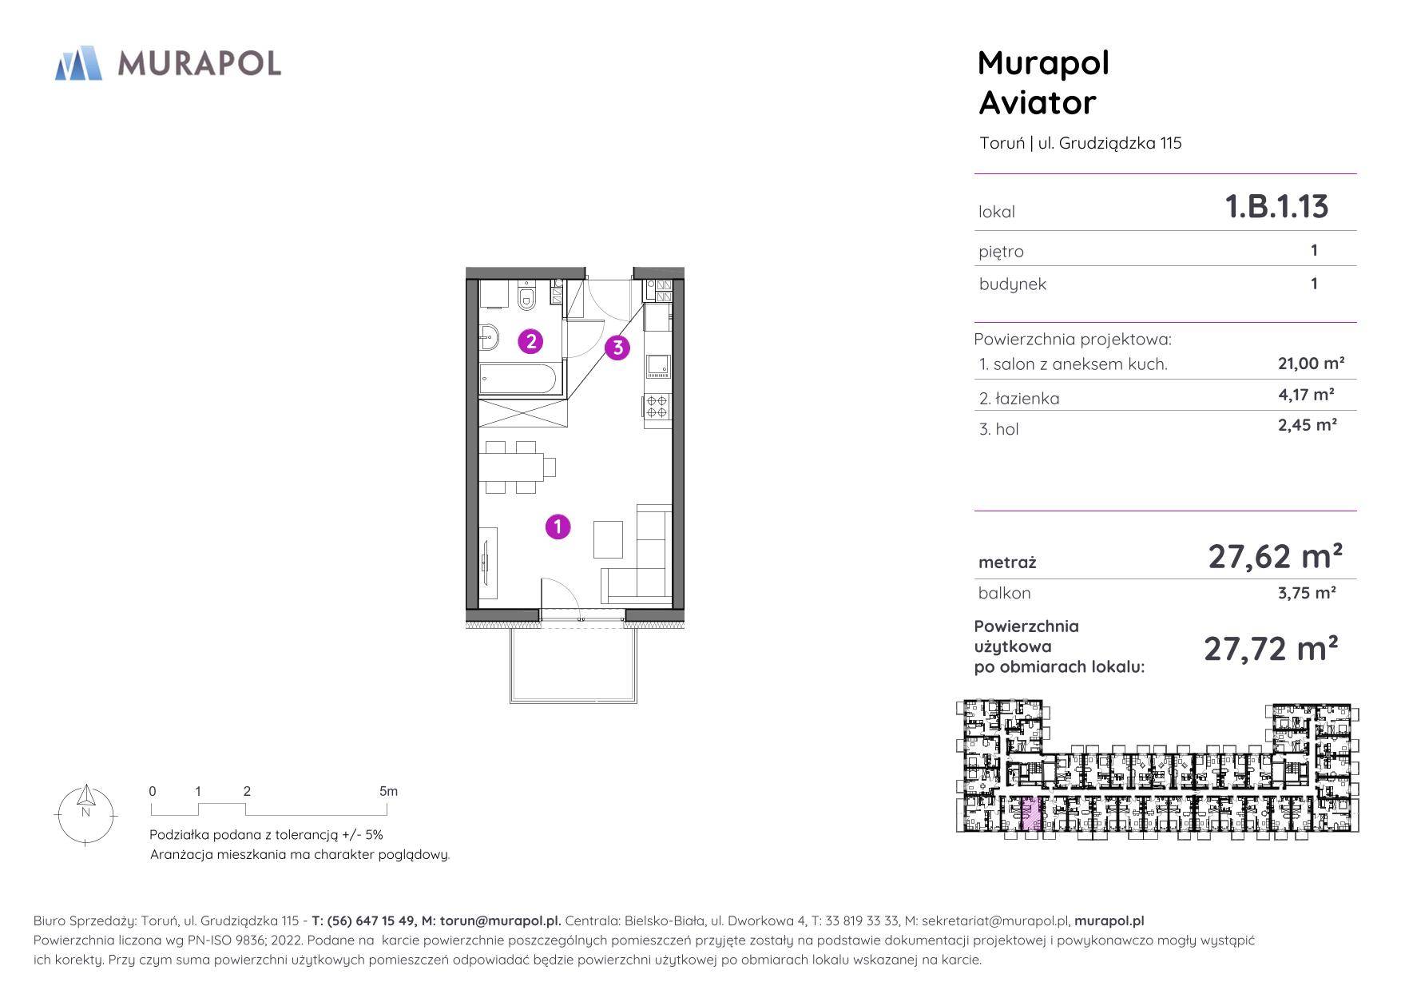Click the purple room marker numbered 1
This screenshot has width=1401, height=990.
pyautogui.click(x=558, y=527)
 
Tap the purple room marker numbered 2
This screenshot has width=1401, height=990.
pyautogui.click(x=530, y=341)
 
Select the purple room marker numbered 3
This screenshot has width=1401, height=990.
pyautogui.click(x=617, y=348)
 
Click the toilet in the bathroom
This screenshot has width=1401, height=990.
pyautogui.click(x=526, y=297)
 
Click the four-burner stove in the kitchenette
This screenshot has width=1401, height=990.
pyautogui.click(x=657, y=407)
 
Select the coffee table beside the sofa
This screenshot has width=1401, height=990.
pyautogui.click(x=608, y=539)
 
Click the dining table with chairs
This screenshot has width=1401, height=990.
pyautogui.click(x=516, y=467)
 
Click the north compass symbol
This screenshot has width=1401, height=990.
pyautogui.click(x=85, y=813)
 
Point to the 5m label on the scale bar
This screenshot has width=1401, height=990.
pyautogui.click(x=388, y=791)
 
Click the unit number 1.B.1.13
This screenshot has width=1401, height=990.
pyautogui.click(x=1276, y=206)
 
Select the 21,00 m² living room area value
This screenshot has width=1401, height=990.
pyautogui.click(x=1312, y=364)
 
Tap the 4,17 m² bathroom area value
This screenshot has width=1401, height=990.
pyautogui.click(x=1307, y=394)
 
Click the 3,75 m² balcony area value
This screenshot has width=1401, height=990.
pyautogui.click(x=1308, y=593)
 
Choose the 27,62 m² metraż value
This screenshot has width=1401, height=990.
pyautogui.click(x=1275, y=555)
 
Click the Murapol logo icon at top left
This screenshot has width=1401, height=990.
pyautogui.click(x=78, y=63)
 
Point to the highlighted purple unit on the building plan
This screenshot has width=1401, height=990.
pyautogui.click(x=1031, y=815)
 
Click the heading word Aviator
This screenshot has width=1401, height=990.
pyautogui.click(x=1037, y=102)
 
